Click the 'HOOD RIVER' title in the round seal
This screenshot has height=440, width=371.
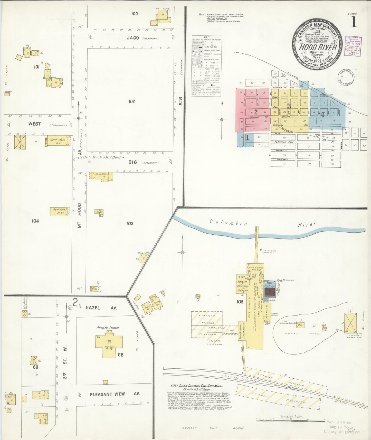(x=318, y=47)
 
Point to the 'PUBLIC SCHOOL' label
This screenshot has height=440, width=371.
(x=109, y=328)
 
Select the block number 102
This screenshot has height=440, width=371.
(x=131, y=102)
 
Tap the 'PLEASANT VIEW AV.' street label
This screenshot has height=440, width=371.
(x=115, y=394)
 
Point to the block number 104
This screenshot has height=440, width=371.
(x=35, y=221)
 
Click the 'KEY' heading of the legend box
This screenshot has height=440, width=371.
(x=206, y=37)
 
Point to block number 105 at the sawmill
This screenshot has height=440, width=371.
(x=240, y=302)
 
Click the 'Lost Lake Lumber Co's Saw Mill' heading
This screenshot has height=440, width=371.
(x=197, y=386)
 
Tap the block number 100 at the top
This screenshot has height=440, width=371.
(x=134, y=14)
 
